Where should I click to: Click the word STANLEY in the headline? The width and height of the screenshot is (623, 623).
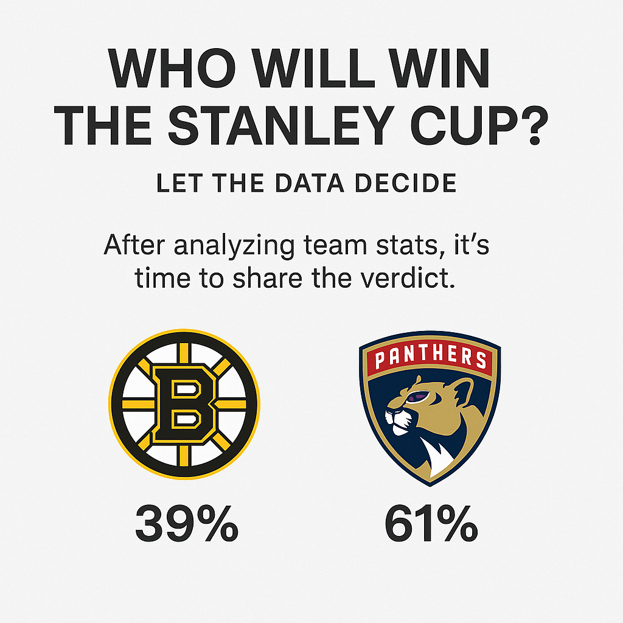tap(281, 125)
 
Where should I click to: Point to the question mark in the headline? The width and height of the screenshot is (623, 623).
tap(534, 125)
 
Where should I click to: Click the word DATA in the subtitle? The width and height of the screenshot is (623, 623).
tap(310, 183)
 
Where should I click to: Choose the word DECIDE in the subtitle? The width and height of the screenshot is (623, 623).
tap(406, 183)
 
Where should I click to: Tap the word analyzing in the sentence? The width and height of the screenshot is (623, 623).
tap(234, 246)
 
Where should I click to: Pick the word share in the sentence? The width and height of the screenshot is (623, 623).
tap(267, 278)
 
